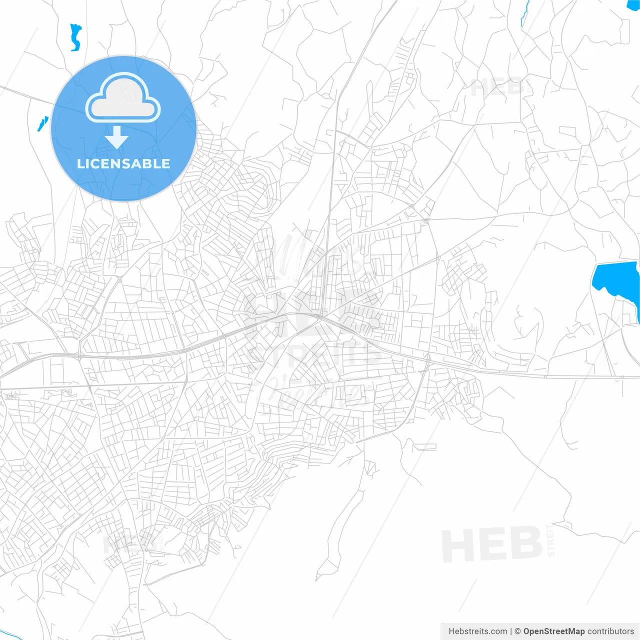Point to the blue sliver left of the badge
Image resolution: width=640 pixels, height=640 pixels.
pyautogui.click(x=42, y=123)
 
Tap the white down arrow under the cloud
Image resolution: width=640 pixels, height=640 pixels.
pyautogui.click(x=117, y=137)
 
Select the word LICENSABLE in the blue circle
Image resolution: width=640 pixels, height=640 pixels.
pyautogui.click(x=123, y=164)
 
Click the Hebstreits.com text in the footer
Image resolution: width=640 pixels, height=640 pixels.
pyautogui.click(x=477, y=631)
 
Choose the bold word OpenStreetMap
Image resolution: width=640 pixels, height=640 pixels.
pyautogui.click(x=553, y=631)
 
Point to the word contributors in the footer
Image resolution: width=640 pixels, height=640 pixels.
pyautogui.click(x=610, y=631)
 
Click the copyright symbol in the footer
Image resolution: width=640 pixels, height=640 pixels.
pyautogui.click(x=517, y=631)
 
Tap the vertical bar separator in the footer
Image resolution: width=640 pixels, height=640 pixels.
pyautogui.click(x=510, y=631)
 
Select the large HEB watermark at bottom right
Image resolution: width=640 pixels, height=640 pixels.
pyautogui.click(x=492, y=545)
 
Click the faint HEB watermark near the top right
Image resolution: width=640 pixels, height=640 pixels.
pyautogui.click(x=497, y=87)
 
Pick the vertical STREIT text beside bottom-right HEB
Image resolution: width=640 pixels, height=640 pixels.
pyautogui.click(x=550, y=540)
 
